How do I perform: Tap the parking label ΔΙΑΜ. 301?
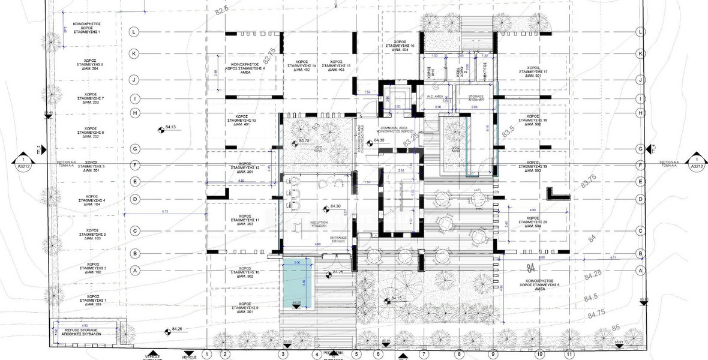(x=245, y=311)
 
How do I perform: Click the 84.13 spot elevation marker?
(x=160, y=128)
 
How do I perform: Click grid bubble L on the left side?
(x=135, y=32)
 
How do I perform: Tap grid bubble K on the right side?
(x=641, y=54)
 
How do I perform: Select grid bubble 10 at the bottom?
(x=539, y=354)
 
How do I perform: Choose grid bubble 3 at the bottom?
(x=282, y=354)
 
